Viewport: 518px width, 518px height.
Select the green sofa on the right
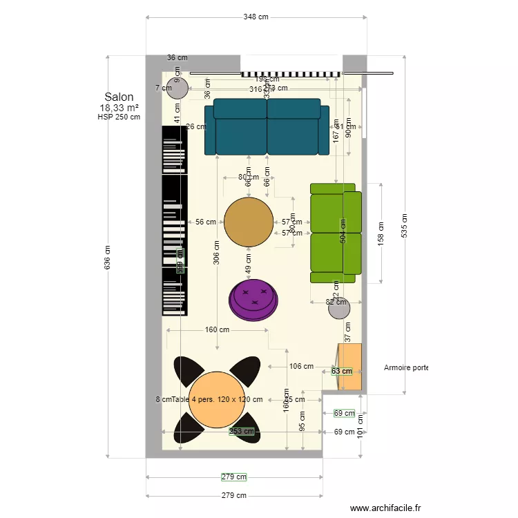point(336,233)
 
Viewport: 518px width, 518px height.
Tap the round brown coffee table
point(249,222)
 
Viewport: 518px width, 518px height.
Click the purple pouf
point(254,300)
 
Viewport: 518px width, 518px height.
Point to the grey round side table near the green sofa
point(339,309)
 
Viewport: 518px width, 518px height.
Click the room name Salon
point(119,97)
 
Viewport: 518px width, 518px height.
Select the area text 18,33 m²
point(119,108)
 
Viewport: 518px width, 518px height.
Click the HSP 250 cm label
point(119,117)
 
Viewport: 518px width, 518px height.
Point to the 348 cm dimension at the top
point(256,17)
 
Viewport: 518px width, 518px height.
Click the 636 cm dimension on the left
point(108,258)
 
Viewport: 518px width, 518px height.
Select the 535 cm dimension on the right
point(405,225)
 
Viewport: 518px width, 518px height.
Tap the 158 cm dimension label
point(380,233)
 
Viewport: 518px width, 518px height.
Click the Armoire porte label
point(406,368)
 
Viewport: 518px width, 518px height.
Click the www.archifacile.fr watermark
point(385,508)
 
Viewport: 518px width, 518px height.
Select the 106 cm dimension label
point(301,367)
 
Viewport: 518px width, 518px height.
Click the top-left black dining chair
point(187,370)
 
